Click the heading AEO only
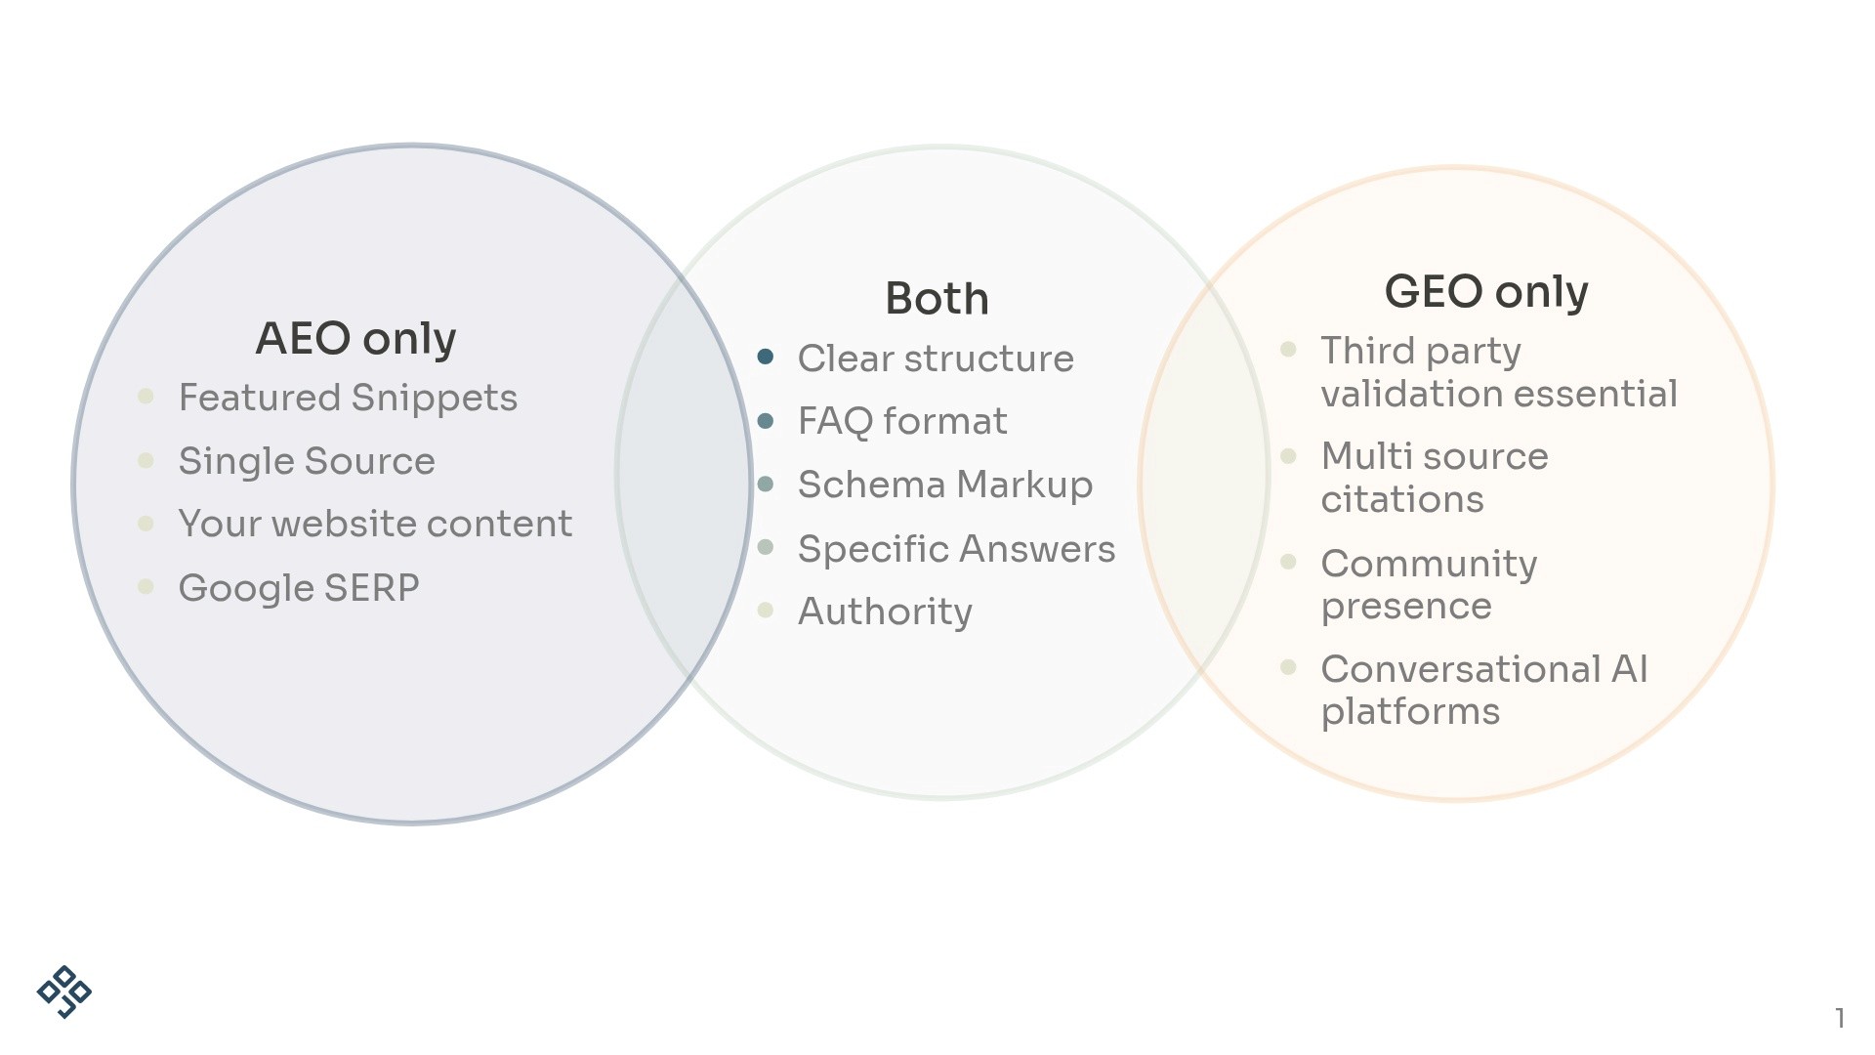[x=355, y=339]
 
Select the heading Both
[x=937, y=299]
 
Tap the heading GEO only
[x=1485, y=291]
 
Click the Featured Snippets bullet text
[x=348, y=399]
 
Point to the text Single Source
[x=307, y=461]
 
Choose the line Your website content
[x=375, y=525]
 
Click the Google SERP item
[x=299, y=588]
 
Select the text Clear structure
[x=935, y=359]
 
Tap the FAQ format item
[x=901, y=422]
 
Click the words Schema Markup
[x=944, y=485]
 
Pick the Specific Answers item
[x=956, y=549]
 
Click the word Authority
[x=885, y=612]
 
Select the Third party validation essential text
[x=1498, y=372]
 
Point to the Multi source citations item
[x=1434, y=478]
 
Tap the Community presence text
[x=1428, y=584]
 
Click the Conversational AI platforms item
[x=1483, y=690]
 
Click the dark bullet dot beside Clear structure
[x=766, y=357]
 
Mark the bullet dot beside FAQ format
[x=766, y=420]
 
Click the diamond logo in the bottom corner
[x=64, y=992]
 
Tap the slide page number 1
[x=1839, y=1018]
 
